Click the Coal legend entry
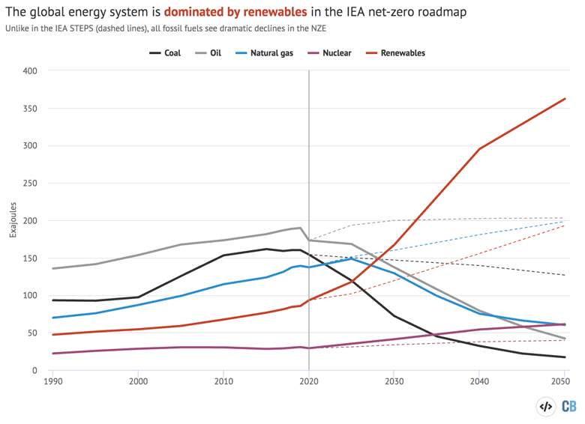[165, 53]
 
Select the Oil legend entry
[210, 53]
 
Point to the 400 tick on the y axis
[31, 71]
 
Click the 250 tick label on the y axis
[31, 184]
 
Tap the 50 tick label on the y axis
[33, 333]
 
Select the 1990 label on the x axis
[52, 381]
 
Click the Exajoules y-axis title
[13, 220]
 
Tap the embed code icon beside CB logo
[546, 406]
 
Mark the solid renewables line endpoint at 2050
[565, 99]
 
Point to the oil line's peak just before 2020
[300, 228]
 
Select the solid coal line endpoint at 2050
[565, 357]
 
